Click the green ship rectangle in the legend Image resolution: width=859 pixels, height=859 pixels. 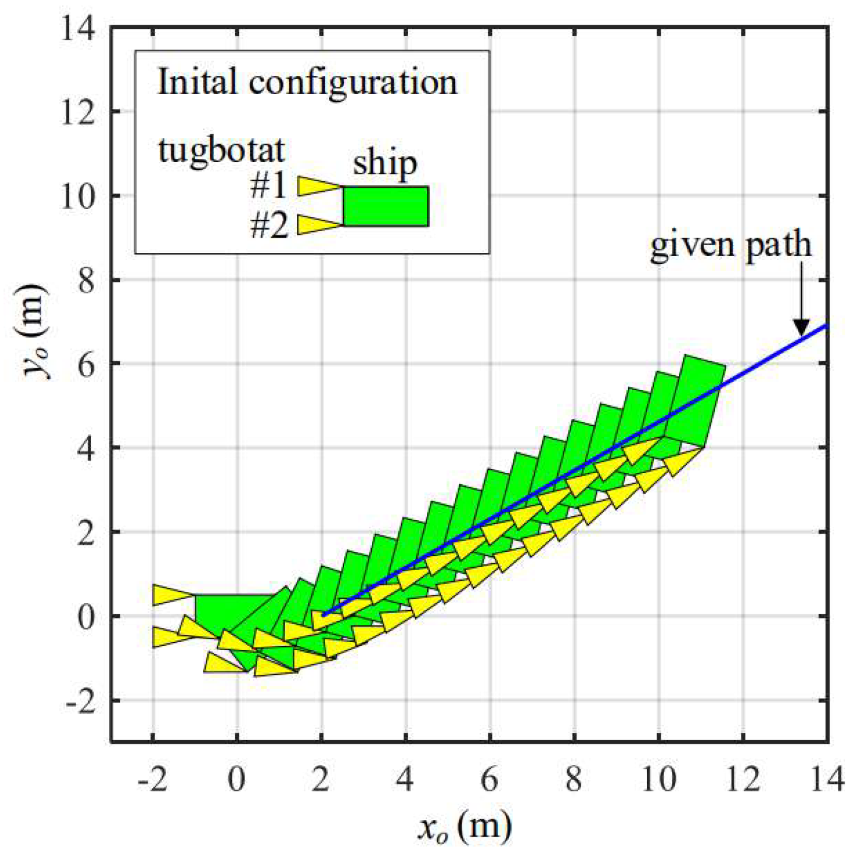(385, 207)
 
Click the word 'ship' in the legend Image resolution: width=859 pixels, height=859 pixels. (385, 164)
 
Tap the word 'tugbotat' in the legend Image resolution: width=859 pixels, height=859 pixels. (221, 151)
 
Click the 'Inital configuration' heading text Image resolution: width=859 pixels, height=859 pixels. (307, 81)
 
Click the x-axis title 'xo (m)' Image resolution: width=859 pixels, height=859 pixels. (464, 827)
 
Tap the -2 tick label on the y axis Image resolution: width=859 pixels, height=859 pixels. (79, 701)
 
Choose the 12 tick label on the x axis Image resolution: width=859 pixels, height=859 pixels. (743, 780)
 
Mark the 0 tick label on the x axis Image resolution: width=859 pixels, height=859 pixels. (237, 780)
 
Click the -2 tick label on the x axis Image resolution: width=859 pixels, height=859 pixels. (152, 780)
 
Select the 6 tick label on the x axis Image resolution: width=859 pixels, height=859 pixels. (490, 780)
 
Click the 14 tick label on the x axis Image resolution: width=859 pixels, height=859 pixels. (827, 780)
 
